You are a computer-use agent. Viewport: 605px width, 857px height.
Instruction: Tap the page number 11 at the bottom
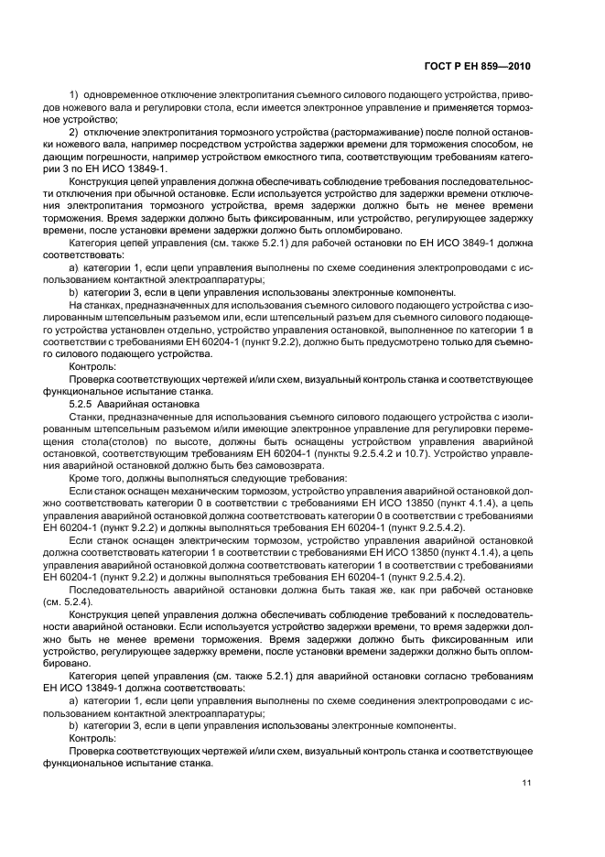[x=525, y=783]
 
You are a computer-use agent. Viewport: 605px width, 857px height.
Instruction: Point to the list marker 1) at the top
[x=74, y=96]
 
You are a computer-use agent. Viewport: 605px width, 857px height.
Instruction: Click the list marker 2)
[x=74, y=132]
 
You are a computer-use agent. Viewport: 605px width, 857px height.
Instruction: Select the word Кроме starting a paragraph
[x=85, y=478]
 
